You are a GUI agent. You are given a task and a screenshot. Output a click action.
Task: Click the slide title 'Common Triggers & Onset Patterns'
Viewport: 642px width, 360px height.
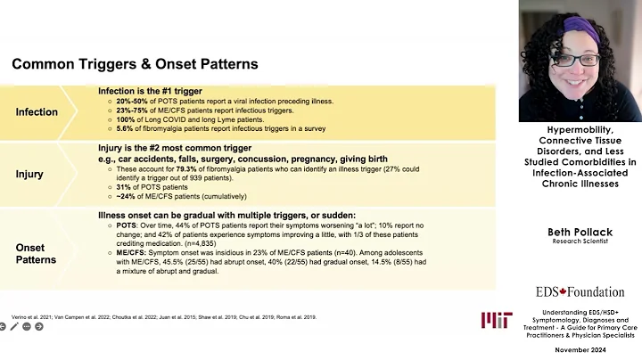tap(135, 64)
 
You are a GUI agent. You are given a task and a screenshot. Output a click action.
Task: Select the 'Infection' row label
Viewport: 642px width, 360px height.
tap(37, 112)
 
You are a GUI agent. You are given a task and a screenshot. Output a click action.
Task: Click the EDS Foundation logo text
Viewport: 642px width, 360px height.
tap(580, 291)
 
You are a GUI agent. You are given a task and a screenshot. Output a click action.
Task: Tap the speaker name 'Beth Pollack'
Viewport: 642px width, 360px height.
tap(580, 232)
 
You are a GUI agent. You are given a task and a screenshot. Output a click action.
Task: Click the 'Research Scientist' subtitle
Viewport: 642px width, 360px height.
tap(580, 241)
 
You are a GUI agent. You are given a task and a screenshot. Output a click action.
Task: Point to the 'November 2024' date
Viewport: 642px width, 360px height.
tap(580, 350)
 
